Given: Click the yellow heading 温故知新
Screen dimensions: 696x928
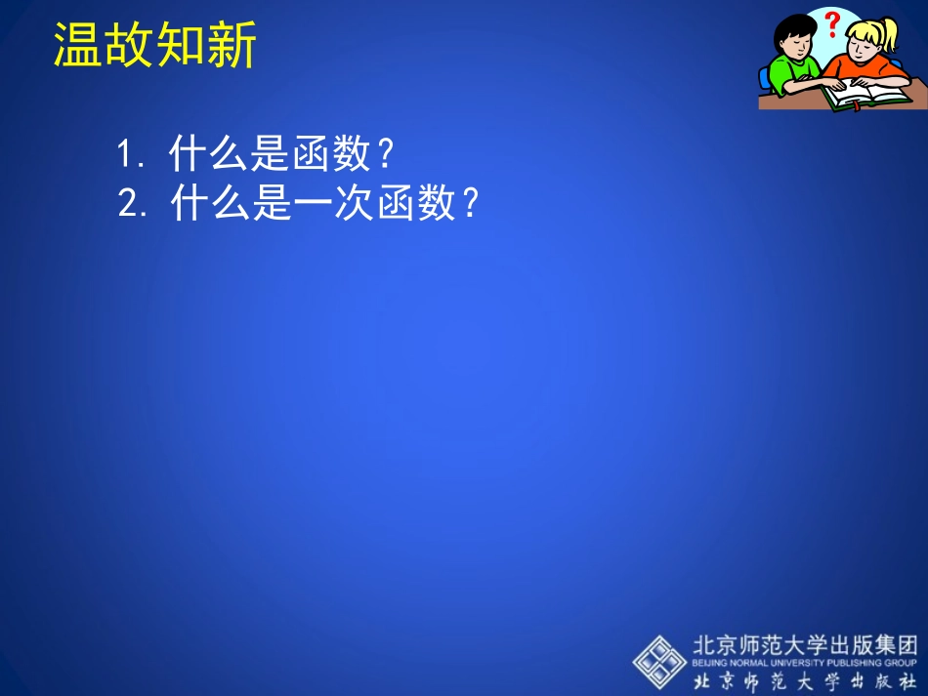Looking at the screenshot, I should pyautogui.click(x=154, y=45).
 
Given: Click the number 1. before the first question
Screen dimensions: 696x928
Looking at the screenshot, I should pyautogui.click(x=131, y=154).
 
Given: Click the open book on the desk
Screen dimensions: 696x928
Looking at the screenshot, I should pyautogui.click(x=865, y=96).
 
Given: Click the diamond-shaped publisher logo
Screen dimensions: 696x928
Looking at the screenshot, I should pyautogui.click(x=659, y=661).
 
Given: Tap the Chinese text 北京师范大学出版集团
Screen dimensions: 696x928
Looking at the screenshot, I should pyautogui.click(x=805, y=645).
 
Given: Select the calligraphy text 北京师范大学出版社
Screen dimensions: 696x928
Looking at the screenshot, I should pyautogui.click(x=805, y=680).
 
